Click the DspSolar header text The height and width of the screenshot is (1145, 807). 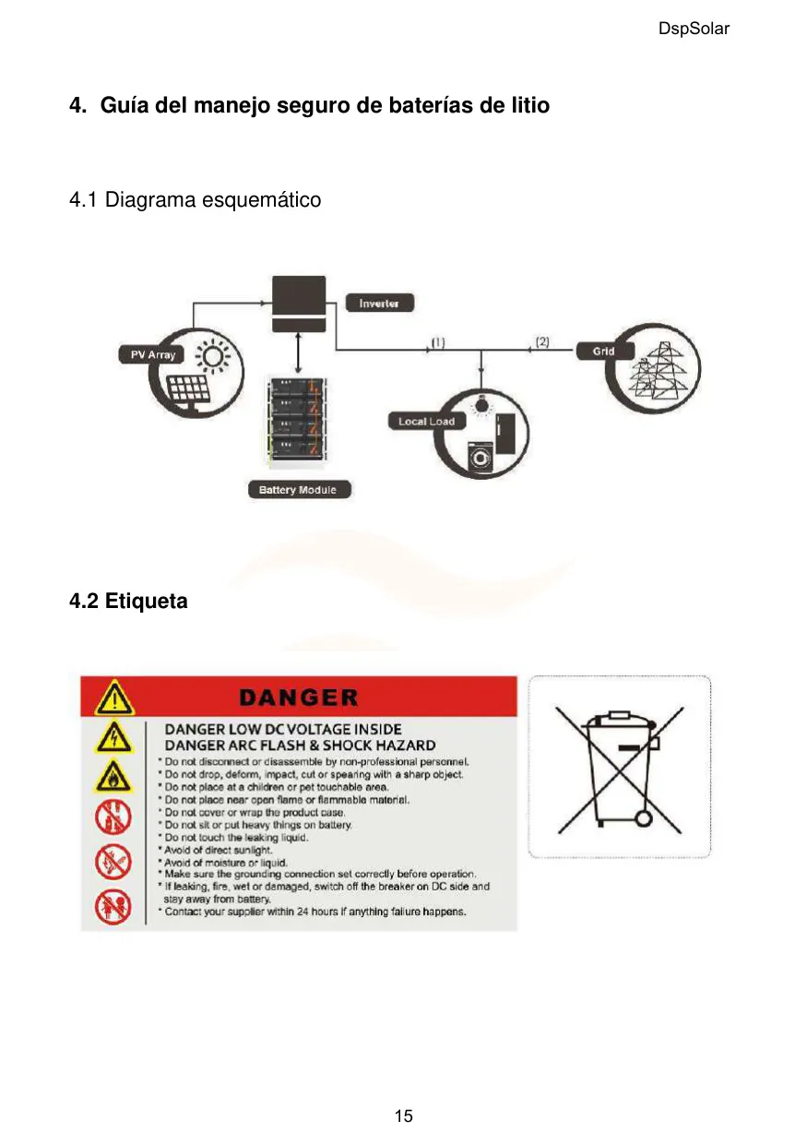point(693,29)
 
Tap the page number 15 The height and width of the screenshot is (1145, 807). point(403,1115)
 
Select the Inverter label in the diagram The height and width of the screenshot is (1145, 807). point(379,304)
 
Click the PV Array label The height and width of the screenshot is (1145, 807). point(152,354)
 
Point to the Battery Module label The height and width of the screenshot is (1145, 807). point(300,490)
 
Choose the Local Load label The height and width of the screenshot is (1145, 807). point(427,422)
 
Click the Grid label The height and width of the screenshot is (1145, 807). point(603,352)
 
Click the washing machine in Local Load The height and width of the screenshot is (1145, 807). point(480,458)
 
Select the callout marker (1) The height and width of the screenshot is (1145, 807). point(438,342)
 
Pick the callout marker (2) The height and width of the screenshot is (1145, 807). point(542,341)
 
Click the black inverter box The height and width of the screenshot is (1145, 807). point(299,304)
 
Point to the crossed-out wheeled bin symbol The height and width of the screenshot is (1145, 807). point(620,769)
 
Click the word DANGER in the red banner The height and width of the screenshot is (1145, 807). point(299,698)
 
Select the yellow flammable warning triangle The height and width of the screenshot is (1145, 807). point(113,777)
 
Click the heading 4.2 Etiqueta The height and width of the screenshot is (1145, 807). point(128,601)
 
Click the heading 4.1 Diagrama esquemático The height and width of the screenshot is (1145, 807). point(196,200)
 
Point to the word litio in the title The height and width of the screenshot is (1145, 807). point(530,105)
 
